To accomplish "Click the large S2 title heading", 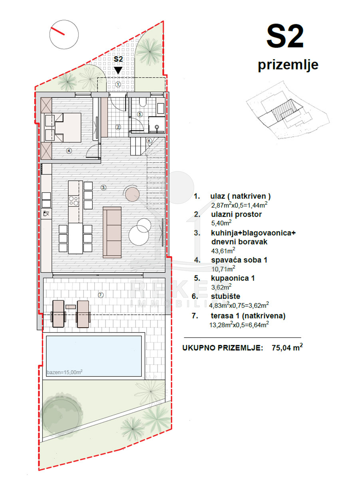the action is [285, 36].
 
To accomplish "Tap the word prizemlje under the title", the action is [288, 65].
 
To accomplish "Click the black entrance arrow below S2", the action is [118, 70].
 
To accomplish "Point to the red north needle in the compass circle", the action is [58, 31].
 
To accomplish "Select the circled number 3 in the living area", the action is [103, 187].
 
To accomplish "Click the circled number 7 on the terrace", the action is [101, 295].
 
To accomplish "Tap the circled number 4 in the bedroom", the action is [69, 150].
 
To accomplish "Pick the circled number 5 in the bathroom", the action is [140, 114].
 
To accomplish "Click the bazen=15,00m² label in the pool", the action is [65, 372].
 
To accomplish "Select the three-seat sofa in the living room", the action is [112, 232].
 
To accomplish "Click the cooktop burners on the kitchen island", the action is [74, 201].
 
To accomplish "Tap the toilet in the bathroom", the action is [143, 102].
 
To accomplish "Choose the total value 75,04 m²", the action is [287, 347].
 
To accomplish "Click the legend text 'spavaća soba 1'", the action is [239, 260].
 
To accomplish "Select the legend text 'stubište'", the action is [226, 296].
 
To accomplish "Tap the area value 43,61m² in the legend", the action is [223, 251].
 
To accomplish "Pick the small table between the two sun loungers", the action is [71, 307].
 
